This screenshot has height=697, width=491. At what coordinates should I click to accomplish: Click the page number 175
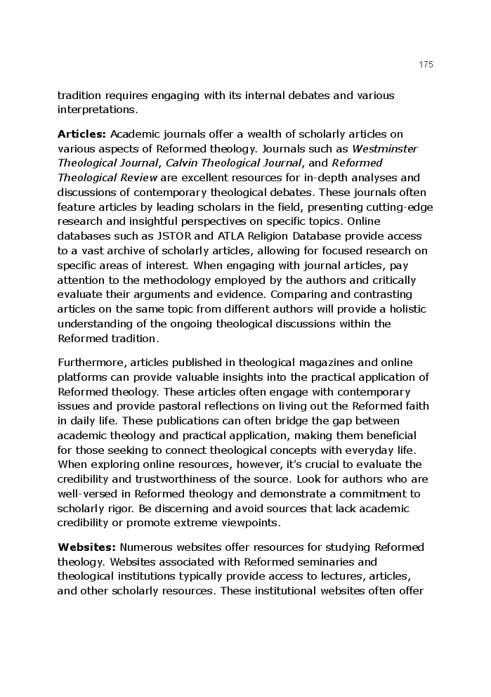pos(426,65)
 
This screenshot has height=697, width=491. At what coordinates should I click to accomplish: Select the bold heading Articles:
pos(81,133)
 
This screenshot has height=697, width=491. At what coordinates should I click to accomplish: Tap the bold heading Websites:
pos(86,547)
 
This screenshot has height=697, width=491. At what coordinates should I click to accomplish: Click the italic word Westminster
pos(384,148)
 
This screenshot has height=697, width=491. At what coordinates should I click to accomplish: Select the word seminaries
pos(333,562)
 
